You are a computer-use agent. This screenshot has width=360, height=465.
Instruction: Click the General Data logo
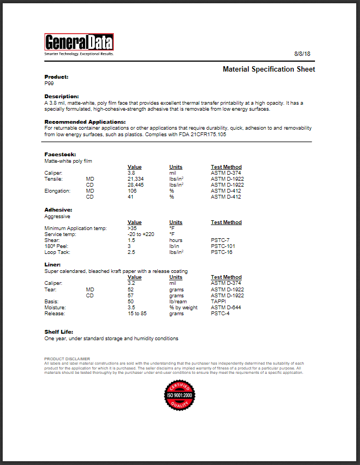[79, 43]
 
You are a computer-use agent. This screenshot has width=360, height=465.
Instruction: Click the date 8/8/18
[301, 54]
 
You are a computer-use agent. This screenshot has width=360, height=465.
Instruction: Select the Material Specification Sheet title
[268, 69]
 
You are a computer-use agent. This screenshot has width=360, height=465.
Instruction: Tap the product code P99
[49, 84]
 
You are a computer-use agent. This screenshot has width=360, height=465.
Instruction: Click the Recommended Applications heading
[85, 122]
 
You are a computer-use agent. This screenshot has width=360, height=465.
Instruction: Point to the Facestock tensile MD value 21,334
[136, 179]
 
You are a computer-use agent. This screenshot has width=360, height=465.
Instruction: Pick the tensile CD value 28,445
[136, 185]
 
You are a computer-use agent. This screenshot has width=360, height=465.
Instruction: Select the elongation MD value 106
[132, 191]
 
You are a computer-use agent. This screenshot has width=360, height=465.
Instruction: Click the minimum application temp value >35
[132, 228]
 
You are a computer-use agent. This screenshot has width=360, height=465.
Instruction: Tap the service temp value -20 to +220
[140, 234]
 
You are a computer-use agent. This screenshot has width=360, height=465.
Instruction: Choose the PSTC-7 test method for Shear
[220, 240]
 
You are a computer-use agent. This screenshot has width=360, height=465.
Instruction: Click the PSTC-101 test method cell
[222, 246]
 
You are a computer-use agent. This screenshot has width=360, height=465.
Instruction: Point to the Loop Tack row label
[56, 252]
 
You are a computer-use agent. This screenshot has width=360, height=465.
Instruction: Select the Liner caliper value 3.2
[131, 283]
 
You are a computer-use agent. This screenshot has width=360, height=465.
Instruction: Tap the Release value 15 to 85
[137, 313]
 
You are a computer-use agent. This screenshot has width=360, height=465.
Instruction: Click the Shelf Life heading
[59, 332]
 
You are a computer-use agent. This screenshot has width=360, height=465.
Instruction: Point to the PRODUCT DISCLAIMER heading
[67, 359]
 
